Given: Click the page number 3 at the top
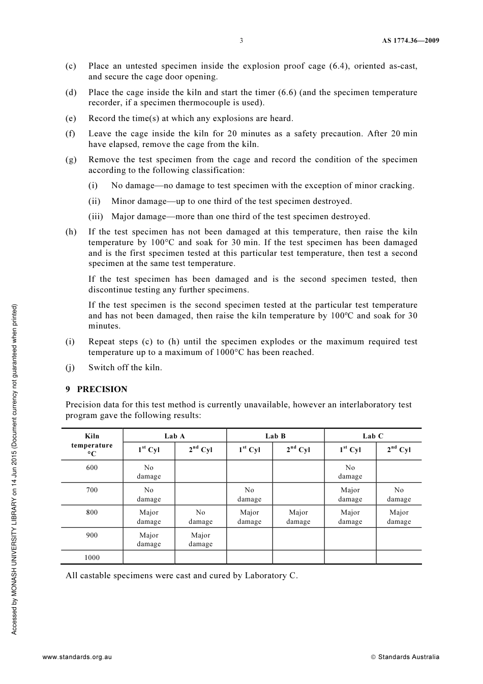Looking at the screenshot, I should (241, 41).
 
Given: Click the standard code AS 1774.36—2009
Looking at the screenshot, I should (410, 41).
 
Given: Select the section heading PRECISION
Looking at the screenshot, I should (102, 389).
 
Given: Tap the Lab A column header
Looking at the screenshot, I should (174, 436).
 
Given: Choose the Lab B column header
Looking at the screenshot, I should (275, 436).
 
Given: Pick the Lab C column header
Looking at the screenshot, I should (373, 436).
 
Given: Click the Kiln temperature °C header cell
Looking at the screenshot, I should (92, 444).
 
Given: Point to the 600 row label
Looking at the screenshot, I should (92, 467).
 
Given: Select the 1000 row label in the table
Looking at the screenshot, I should (92, 557).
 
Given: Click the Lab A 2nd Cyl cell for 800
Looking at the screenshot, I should (200, 517).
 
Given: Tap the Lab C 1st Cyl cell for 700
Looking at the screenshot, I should (350, 494).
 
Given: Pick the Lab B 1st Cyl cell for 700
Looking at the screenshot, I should (249, 494).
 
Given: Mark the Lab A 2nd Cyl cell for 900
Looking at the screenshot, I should (200, 540).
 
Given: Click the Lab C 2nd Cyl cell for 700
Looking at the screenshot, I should (399, 494).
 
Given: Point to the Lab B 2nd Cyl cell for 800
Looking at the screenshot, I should (298, 517).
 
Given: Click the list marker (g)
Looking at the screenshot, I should (71, 160).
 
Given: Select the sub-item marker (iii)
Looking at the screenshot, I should (96, 217).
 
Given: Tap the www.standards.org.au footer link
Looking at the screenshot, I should (77, 657).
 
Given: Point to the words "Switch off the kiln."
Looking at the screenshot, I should (125, 368).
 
